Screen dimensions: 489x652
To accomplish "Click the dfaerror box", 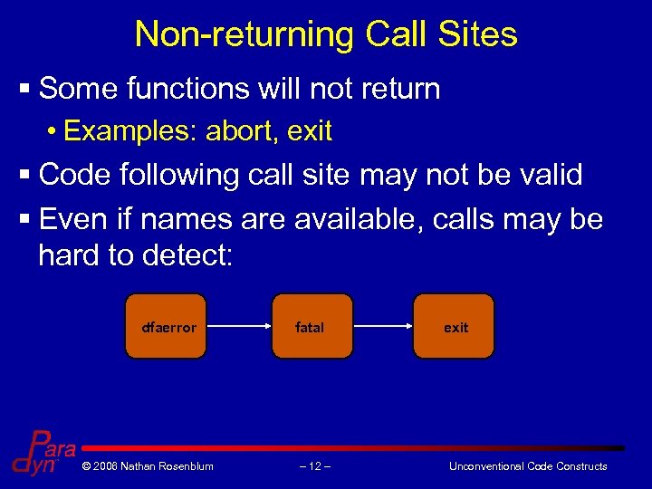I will point(169,326).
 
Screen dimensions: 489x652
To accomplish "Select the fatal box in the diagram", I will point(310,326).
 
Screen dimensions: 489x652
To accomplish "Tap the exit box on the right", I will point(455,326).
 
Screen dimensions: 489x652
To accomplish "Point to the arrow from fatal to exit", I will point(381,326).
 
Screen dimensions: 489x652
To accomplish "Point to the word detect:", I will point(187,254).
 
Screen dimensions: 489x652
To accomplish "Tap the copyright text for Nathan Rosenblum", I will point(147,466).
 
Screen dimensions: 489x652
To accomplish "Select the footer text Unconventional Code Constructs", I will point(528,466).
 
